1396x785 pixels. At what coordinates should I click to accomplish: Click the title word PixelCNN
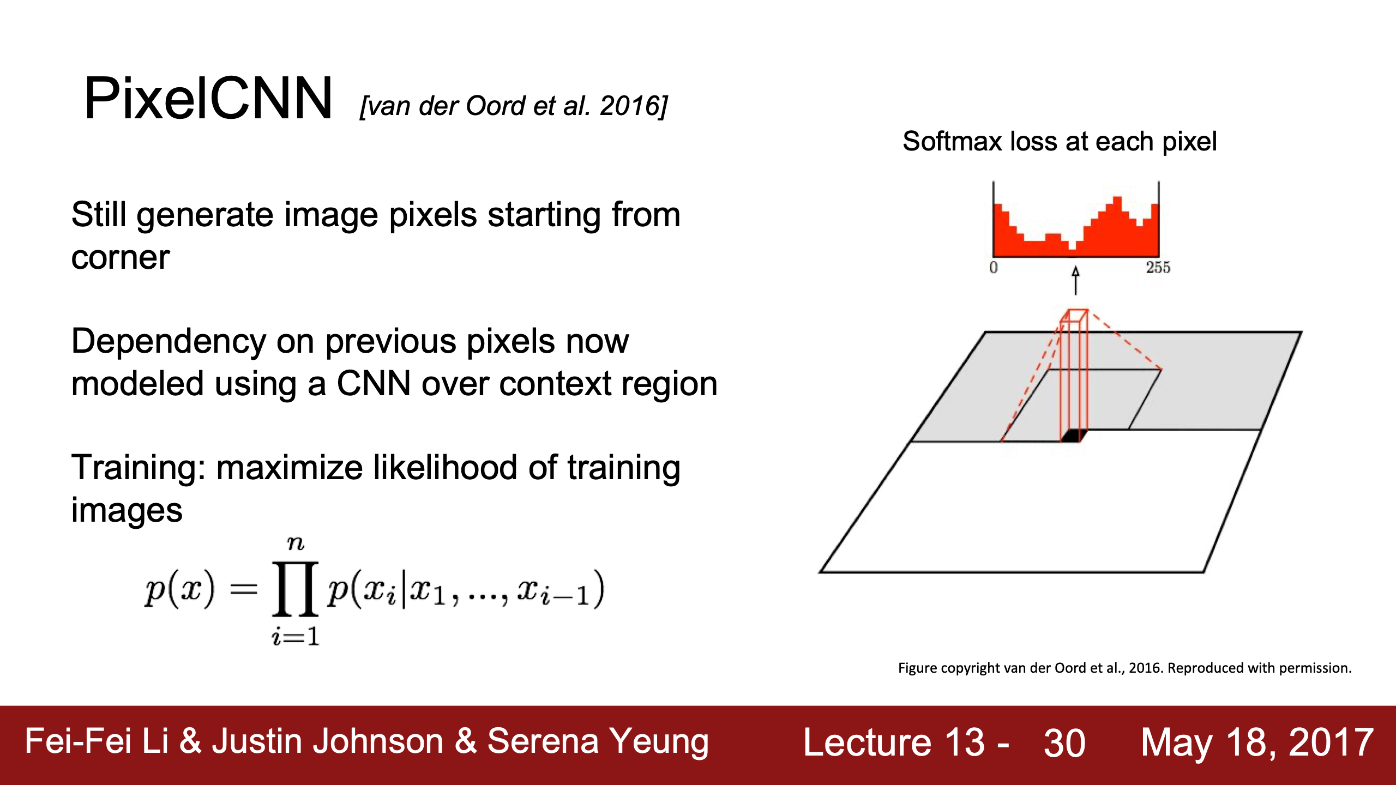[x=208, y=99]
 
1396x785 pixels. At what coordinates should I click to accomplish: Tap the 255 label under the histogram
[x=1158, y=268]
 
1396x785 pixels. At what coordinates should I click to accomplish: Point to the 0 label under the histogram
[x=993, y=268]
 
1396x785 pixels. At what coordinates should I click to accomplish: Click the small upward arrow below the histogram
[x=1075, y=280]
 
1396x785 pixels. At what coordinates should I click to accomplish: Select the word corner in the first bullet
[x=121, y=258]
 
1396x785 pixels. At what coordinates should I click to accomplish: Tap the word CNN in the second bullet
[x=374, y=383]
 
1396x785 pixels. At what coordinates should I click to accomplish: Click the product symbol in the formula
[x=295, y=589]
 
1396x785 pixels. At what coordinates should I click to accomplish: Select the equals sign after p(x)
[x=243, y=589]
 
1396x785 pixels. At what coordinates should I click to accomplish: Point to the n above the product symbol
[x=295, y=543]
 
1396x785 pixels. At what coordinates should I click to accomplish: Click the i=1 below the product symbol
[x=295, y=636]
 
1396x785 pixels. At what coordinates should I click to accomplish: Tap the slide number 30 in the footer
[x=1064, y=743]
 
